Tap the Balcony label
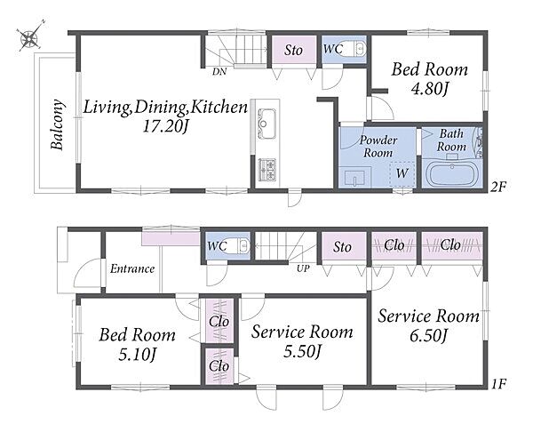click(x=57, y=124)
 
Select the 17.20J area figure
click(x=165, y=127)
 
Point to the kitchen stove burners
click(x=267, y=169)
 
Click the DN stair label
click(x=219, y=72)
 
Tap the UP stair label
click(x=303, y=268)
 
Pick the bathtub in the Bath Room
click(x=452, y=173)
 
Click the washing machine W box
click(x=402, y=173)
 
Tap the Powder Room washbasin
click(x=354, y=178)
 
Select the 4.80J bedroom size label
click(x=430, y=89)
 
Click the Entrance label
click(x=132, y=269)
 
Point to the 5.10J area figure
click(x=137, y=355)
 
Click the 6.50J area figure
click(x=428, y=336)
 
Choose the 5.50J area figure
click(x=302, y=351)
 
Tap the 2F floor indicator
click(x=498, y=187)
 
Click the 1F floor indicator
click(x=499, y=384)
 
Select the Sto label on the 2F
click(x=293, y=51)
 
